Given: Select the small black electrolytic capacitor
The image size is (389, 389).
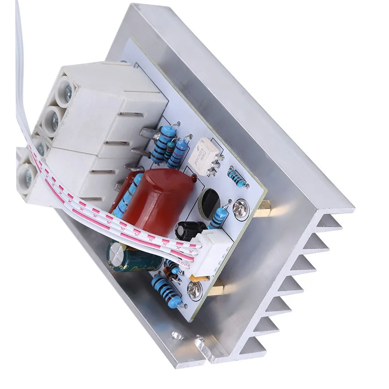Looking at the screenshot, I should click(189, 230).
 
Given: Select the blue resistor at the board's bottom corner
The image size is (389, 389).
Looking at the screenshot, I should click(162, 288).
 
